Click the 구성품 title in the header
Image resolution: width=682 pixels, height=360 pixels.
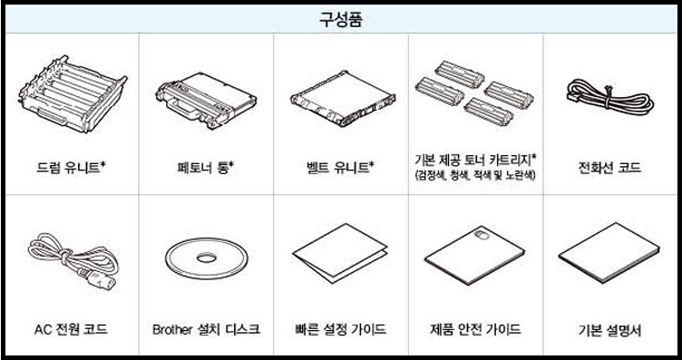point(342,19)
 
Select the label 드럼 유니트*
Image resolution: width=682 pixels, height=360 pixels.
point(70,167)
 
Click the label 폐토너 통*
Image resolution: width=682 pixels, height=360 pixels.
point(205,167)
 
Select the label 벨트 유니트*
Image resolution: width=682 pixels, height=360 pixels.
point(340,167)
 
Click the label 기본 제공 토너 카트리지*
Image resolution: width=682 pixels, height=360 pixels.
point(474,160)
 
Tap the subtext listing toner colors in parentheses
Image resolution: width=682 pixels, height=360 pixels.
point(474,174)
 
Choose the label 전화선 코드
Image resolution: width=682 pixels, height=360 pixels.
point(609,167)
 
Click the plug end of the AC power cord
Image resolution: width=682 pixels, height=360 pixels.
point(95,268)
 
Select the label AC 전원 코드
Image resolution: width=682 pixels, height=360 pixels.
point(70,328)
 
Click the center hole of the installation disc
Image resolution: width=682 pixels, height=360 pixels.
point(206,258)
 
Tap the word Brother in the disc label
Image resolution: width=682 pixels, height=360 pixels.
point(173,328)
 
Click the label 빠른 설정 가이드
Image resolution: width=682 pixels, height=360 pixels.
point(340,328)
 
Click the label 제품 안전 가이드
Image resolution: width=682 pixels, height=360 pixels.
point(474,328)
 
